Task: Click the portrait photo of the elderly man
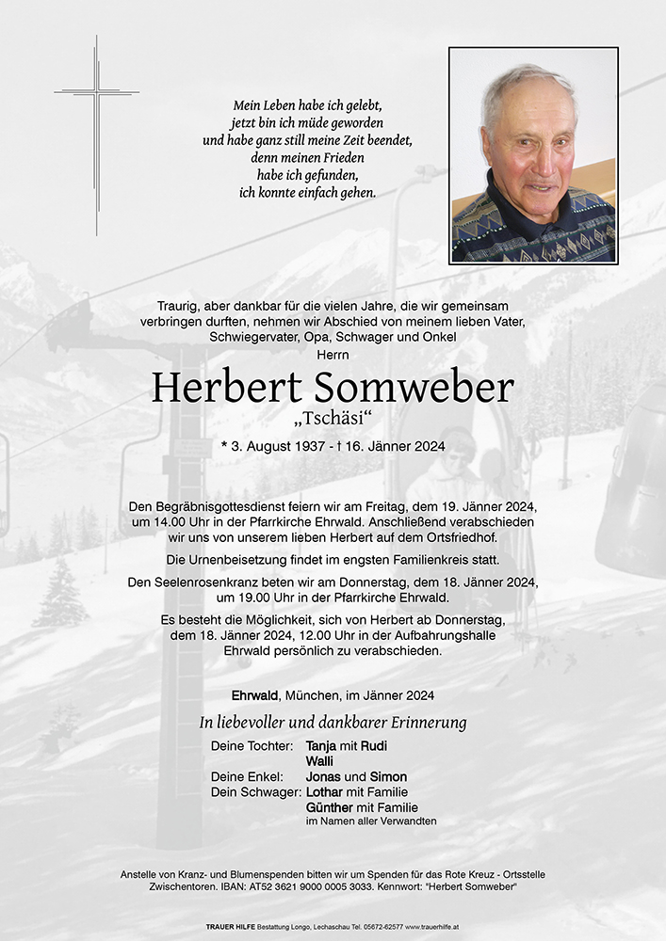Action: tap(533, 155)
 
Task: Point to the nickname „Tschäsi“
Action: tap(333, 417)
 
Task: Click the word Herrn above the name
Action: tap(333, 354)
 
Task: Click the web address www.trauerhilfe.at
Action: tap(432, 927)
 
